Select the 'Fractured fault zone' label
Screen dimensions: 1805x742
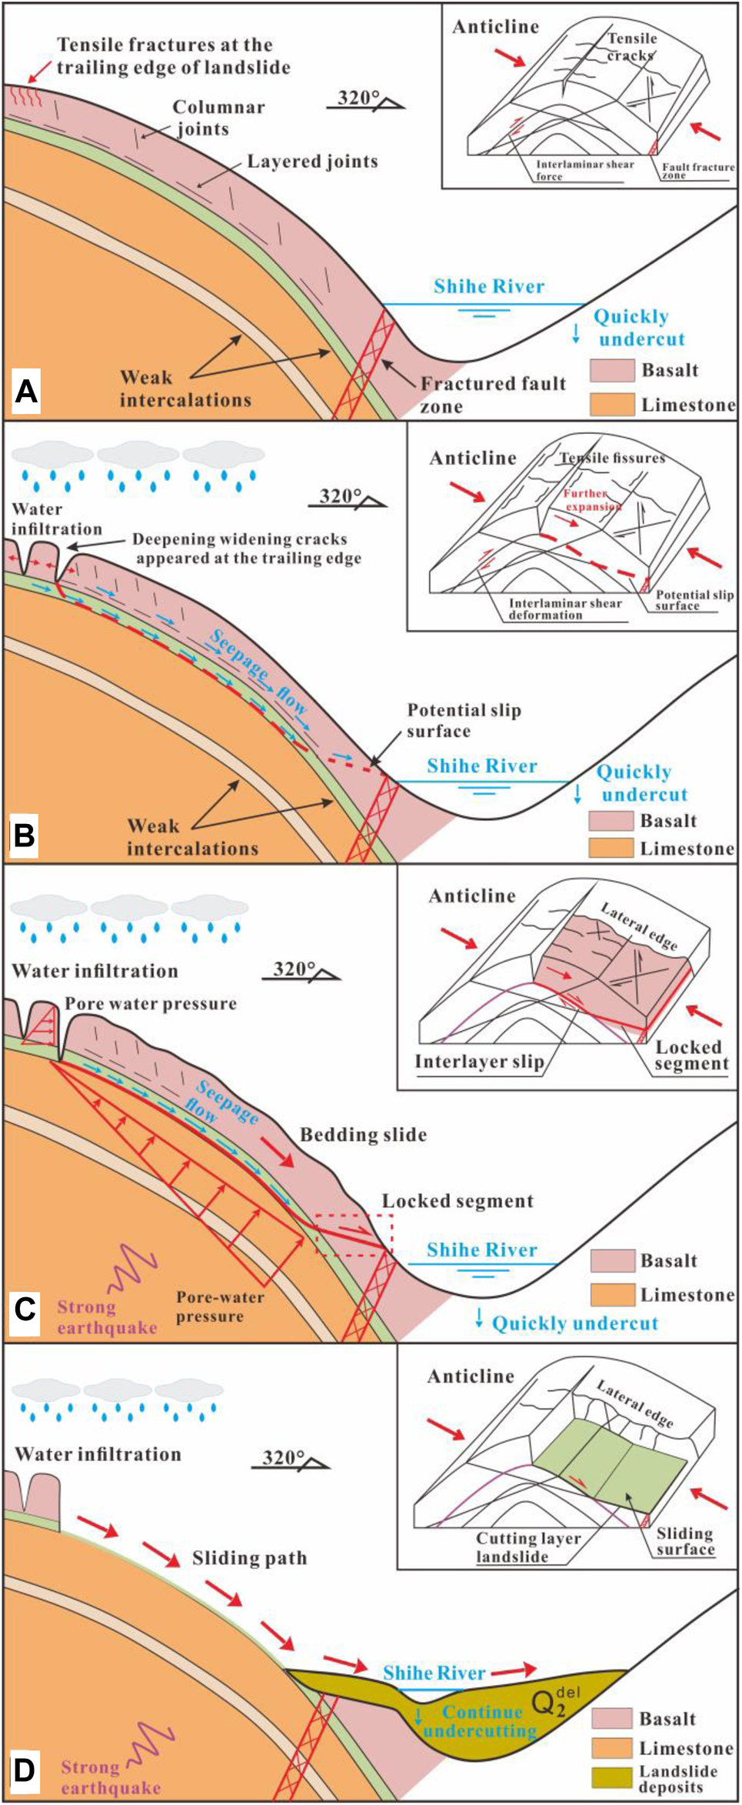[492, 394]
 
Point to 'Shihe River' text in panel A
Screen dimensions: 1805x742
[488, 287]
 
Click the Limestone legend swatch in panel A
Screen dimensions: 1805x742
[612, 404]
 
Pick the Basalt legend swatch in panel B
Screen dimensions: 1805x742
[611, 820]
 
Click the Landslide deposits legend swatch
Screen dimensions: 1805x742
[612, 1777]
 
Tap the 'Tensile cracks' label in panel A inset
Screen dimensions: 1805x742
[631, 46]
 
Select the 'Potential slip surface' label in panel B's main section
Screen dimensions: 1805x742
[463, 720]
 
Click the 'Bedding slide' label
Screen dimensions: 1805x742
[363, 1135]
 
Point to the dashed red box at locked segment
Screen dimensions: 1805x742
[354, 1234]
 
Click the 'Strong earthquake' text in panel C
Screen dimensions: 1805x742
[106, 1316]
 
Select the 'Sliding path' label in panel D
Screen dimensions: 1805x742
[249, 1558]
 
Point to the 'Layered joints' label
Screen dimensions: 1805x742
[312, 162]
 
